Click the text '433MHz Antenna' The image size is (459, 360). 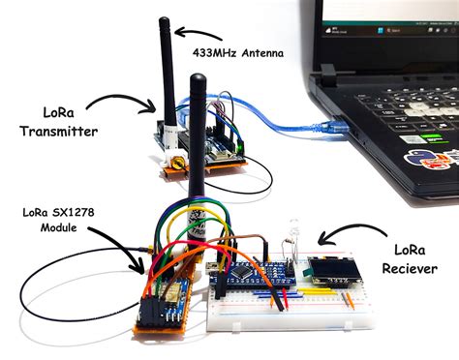238,52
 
